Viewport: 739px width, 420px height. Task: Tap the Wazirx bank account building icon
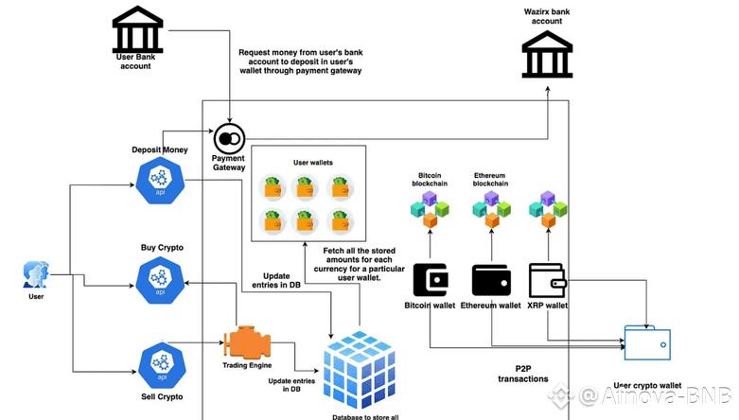547,54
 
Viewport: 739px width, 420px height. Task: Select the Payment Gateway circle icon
228,138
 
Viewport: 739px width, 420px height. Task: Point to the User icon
36,274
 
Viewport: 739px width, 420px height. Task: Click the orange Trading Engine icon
248,341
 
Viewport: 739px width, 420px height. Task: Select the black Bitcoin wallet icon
431,280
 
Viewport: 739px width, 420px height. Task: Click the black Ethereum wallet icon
491,280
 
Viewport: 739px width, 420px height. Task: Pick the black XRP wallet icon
547,280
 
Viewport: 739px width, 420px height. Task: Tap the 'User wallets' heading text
313,163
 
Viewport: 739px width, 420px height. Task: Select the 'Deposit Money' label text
160,149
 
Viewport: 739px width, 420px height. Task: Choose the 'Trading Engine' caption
248,365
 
